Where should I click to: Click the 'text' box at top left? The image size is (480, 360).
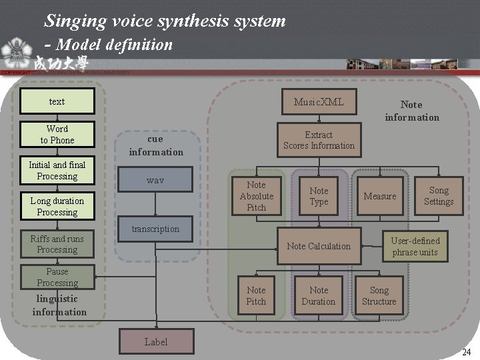[x=57, y=101]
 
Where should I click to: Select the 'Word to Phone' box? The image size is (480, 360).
[x=57, y=134]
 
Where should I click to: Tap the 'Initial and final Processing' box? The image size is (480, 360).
[x=57, y=171]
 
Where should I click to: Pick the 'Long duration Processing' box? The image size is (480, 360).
[x=57, y=206]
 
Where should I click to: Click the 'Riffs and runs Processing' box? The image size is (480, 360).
[x=57, y=244]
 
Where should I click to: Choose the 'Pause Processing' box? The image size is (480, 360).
[x=57, y=277]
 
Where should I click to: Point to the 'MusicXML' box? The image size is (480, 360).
[x=319, y=101]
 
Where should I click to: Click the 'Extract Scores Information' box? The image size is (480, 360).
[x=319, y=140]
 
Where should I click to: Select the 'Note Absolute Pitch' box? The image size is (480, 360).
[x=256, y=196]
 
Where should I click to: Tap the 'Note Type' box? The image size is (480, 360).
[x=319, y=196]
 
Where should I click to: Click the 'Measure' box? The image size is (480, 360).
[x=380, y=196]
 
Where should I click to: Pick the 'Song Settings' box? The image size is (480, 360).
[x=439, y=196]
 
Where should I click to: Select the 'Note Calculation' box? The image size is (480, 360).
[x=319, y=246]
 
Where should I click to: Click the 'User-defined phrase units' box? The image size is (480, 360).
[x=415, y=246]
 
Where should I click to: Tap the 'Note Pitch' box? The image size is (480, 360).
[x=256, y=295]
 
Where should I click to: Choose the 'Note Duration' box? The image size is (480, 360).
[x=319, y=295]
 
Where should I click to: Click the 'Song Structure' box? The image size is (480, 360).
[x=379, y=295]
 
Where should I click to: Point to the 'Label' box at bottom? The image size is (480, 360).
[x=156, y=342]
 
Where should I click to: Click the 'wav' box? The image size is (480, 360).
[x=155, y=181]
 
